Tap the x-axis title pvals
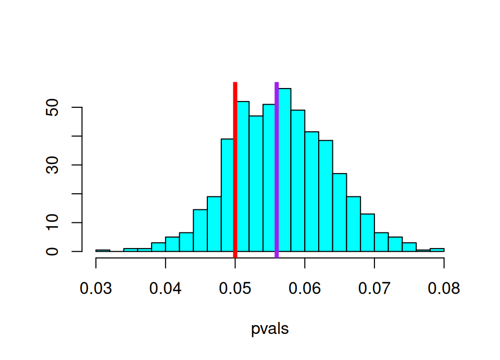coord(270,329)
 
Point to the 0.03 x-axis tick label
coord(96,288)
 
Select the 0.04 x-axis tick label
coord(166,288)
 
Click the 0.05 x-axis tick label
coord(235,288)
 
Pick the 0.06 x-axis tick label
coord(305,288)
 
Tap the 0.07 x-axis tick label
coord(374,288)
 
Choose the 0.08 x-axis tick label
coord(444,288)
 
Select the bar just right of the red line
coord(243,177)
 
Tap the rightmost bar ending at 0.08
coord(437,250)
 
